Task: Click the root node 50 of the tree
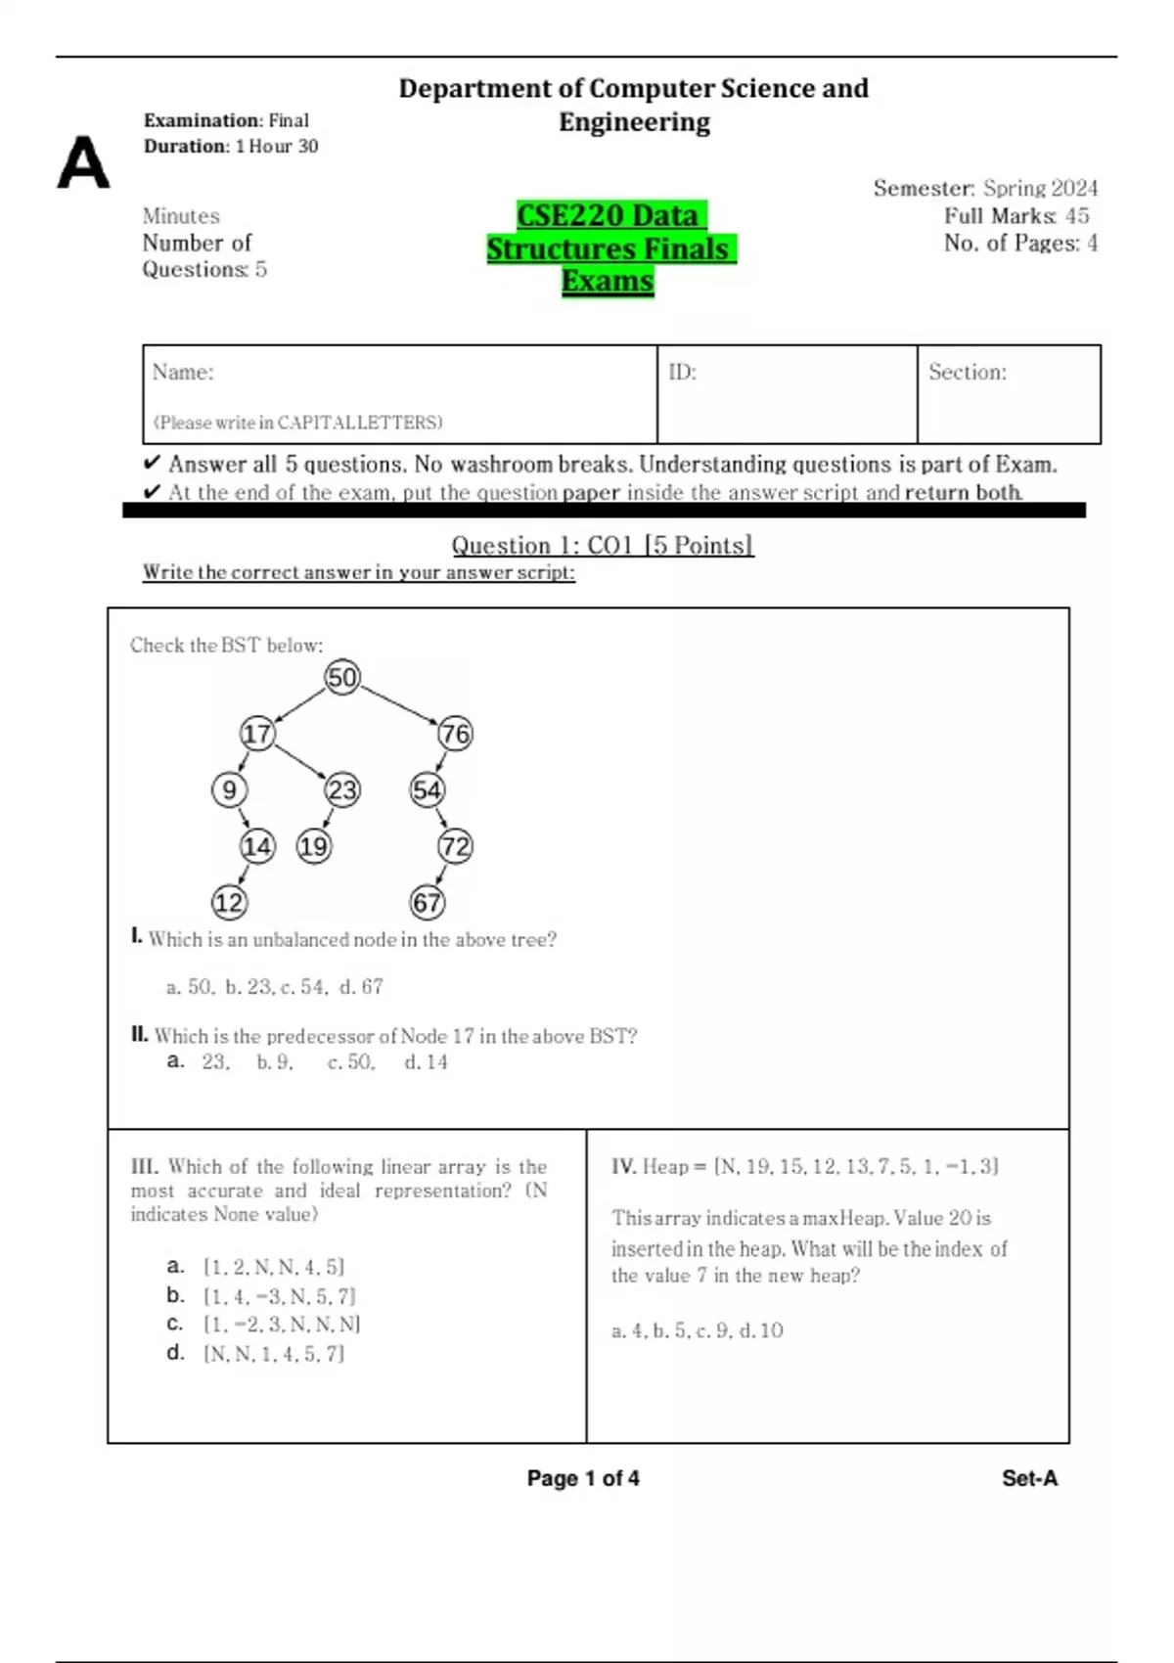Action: (342, 677)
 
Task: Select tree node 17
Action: (257, 734)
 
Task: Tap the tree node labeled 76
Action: (455, 734)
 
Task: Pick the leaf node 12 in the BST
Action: (229, 902)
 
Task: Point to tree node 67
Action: (428, 902)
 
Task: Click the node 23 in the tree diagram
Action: (342, 789)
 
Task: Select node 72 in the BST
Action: (455, 846)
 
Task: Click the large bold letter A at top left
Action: (83, 162)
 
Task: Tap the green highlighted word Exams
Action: (608, 282)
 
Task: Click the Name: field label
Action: (183, 373)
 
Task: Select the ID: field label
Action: (682, 373)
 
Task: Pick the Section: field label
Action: (967, 373)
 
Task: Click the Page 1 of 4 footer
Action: (583, 1478)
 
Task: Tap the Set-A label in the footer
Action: (1029, 1478)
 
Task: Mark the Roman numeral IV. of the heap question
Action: (623, 1166)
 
